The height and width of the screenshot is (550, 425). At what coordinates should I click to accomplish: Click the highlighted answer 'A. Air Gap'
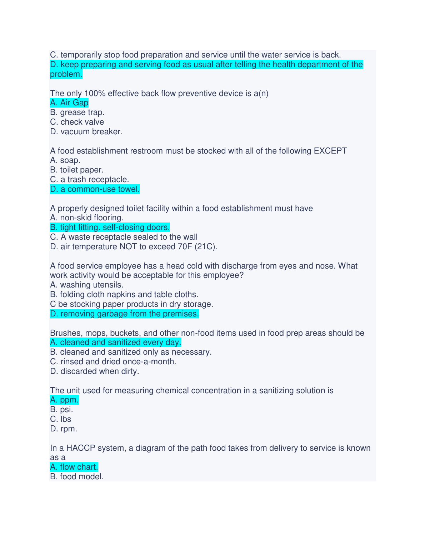[x=69, y=103]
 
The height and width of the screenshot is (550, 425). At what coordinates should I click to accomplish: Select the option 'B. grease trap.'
[x=77, y=112]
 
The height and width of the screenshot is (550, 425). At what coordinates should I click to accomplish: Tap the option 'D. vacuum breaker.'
[x=86, y=132]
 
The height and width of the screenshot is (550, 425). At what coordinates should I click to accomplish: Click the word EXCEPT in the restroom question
[x=330, y=151]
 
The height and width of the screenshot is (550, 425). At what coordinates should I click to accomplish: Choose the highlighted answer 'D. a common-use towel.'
[x=95, y=189]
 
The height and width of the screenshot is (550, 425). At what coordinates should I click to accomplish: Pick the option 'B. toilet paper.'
[x=77, y=170]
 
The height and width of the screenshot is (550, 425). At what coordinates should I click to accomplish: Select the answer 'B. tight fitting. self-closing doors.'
[x=110, y=227]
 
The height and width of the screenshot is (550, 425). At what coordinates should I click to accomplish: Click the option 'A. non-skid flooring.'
[x=87, y=218]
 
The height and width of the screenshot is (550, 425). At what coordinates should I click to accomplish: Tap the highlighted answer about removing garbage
[x=124, y=314]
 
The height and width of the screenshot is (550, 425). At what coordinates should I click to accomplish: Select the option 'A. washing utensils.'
[x=87, y=285]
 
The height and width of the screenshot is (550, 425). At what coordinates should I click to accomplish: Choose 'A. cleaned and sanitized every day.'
[x=116, y=342]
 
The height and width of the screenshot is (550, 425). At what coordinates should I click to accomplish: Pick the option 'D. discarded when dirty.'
[x=95, y=371]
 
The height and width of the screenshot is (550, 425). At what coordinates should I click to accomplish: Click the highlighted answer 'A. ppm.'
[x=64, y=400]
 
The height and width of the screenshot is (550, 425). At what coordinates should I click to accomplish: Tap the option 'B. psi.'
[x=61, y=410]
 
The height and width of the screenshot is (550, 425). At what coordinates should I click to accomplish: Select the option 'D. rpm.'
[x=64, y=429]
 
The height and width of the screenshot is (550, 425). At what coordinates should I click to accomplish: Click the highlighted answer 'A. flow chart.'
[x=74, y=467]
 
